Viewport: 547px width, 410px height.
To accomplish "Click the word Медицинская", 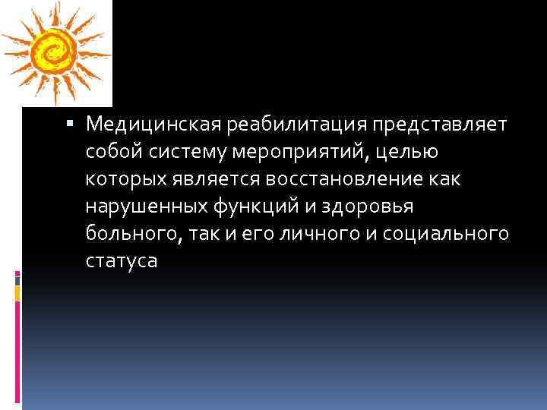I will pos(144,123).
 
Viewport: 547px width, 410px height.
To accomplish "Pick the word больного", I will pos(129,234).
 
